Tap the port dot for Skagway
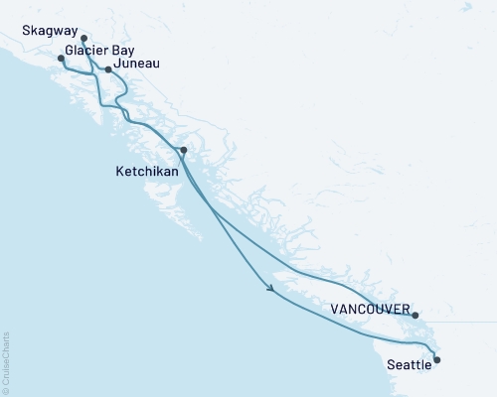83,40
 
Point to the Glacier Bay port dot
61,59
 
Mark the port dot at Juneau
108,69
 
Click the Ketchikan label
146,171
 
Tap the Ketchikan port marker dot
183,150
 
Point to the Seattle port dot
437,360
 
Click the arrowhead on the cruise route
270,289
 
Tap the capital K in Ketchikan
119,171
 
